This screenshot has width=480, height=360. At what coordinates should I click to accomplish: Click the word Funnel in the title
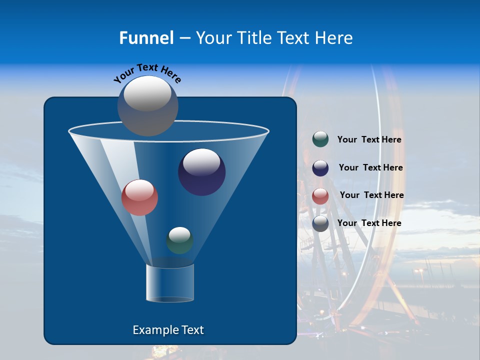[146, 38]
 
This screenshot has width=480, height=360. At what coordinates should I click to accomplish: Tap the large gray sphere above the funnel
[148, 105]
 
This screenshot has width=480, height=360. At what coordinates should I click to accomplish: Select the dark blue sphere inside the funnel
[202, 172]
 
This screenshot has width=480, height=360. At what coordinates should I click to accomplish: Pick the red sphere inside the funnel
[140, 197]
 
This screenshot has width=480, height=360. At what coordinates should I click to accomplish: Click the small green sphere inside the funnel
[179, 240]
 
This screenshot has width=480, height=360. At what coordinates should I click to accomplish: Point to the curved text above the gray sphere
[147, 72]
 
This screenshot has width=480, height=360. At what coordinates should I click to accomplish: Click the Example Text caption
[168, 330]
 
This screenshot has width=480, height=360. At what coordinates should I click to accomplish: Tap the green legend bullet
[320, 139]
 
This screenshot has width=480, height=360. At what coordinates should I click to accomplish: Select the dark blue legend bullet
[320, 168]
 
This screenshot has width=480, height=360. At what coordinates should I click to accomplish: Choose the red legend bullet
[320, 196]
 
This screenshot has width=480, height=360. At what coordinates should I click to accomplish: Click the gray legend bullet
[320, 223]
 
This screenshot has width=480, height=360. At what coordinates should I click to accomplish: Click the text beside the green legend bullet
[369, 140]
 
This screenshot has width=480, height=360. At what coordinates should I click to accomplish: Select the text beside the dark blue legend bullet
[370, 167]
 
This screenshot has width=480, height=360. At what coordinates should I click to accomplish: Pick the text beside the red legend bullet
[371, 195]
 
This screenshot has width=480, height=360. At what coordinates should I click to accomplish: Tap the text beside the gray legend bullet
[369, 223]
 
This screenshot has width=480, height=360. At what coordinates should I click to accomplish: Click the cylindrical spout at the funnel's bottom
[170, 283]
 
